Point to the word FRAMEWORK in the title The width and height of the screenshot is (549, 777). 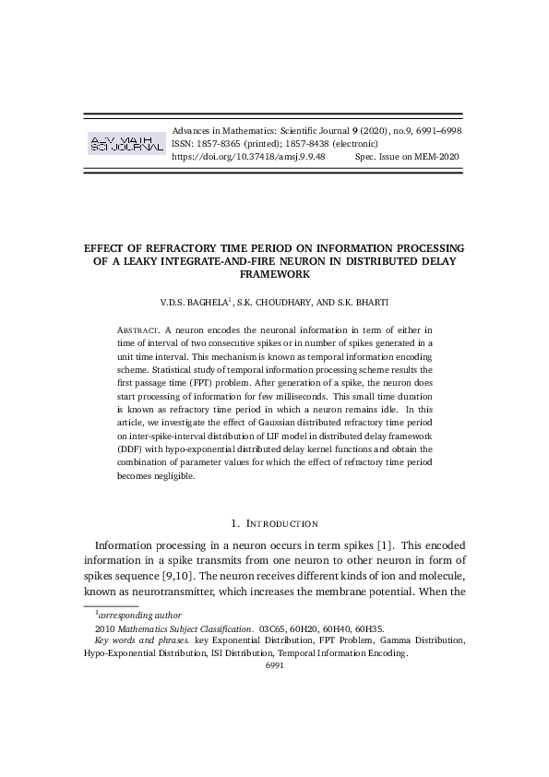[x=274, y=274]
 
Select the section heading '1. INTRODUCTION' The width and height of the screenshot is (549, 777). [x=274, y=523]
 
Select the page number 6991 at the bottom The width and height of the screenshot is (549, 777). [x=274, y=664]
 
